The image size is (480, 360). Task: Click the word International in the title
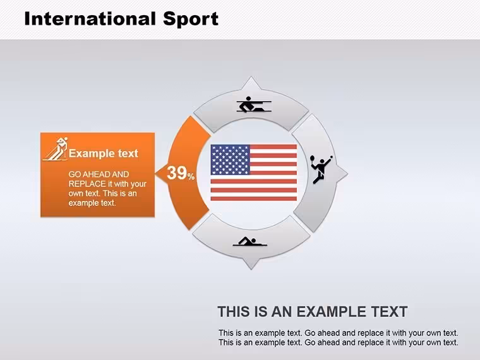point(90,18)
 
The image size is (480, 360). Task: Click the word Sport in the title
point(191,20)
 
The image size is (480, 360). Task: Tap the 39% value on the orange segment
point(181,173)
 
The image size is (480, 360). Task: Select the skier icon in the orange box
point(56,150)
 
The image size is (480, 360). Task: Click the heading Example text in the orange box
point(104,153)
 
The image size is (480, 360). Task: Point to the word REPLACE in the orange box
point(87,184)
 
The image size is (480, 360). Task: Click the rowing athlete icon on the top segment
point(254,105)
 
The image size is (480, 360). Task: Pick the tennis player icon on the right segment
point(321,169)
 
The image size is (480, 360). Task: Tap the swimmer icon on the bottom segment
point(250,241)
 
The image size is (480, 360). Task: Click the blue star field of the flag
point(230,160)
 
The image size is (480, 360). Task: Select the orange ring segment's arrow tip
point(155,174)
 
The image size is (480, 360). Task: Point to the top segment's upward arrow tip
point(251,78)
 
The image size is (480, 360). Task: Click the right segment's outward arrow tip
point(347,174)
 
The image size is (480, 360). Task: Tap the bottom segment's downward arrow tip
point(251,269)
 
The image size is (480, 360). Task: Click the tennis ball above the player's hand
point(331,157)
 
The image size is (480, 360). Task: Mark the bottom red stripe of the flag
point(254,199)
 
